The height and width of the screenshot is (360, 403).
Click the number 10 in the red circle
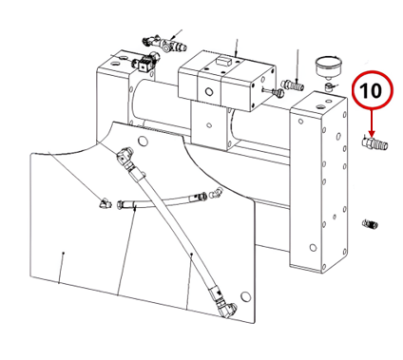point(371,91)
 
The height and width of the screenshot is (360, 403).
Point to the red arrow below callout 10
point(372,123)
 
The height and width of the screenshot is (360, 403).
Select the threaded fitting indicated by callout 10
point(374,143)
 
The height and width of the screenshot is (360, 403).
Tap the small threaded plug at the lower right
point(370,224)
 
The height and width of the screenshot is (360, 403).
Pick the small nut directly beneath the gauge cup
point(328,86)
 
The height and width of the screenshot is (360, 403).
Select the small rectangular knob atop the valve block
point(222,60)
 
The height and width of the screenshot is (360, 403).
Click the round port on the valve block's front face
point(209,92)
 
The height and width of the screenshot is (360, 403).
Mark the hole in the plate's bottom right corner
point(245,296)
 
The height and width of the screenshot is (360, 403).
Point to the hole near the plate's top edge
point(144,141)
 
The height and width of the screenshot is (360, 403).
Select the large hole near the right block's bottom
point(313,247)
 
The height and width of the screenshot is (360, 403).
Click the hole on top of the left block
point(114,64)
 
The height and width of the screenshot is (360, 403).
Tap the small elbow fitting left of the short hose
point(105,203)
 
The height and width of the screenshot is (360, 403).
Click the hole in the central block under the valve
point(209,125)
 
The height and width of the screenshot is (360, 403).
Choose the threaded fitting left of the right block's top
point(293,85)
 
